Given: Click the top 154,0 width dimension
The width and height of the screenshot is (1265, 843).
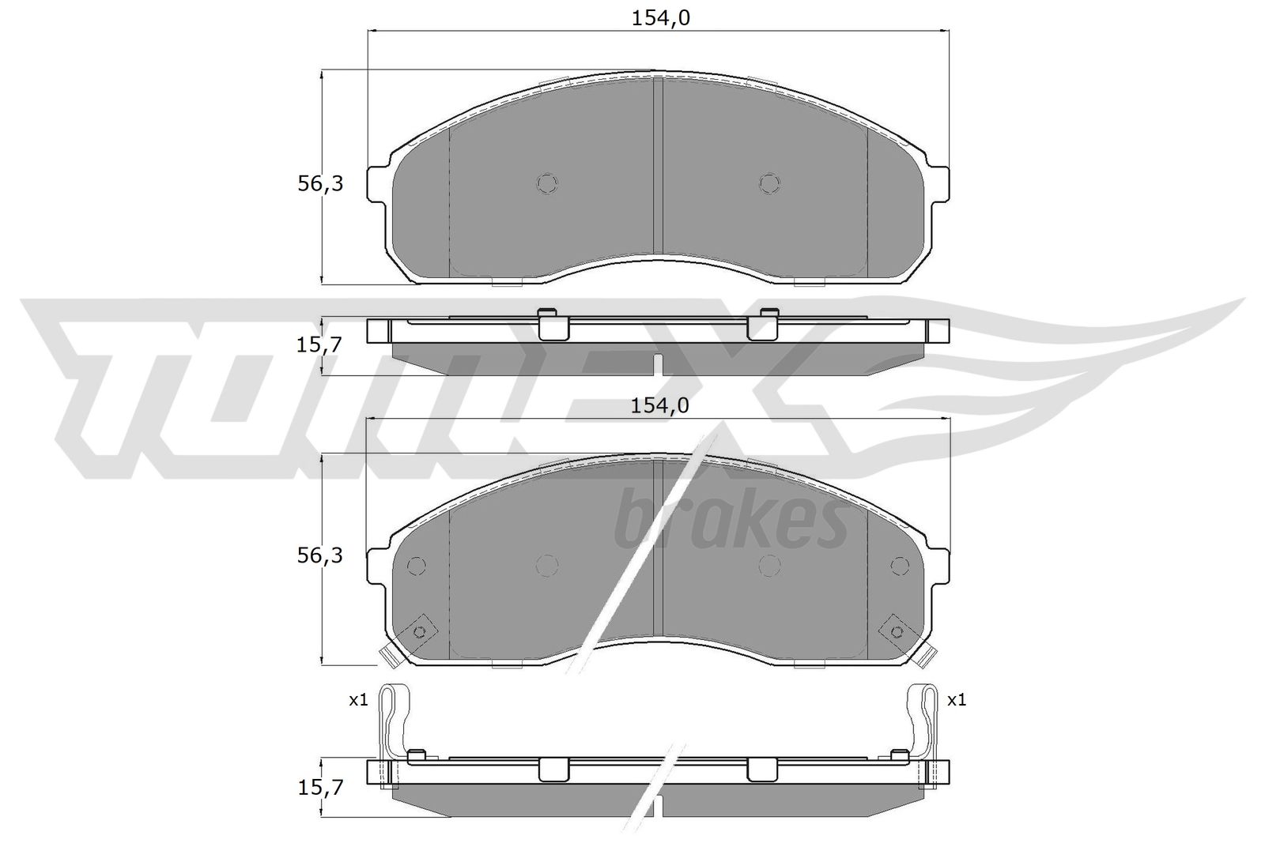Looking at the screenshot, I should (661, 18).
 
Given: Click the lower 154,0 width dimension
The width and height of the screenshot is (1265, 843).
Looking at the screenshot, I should (661, 405).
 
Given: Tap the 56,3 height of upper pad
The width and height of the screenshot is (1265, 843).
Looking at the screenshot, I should (319, 184).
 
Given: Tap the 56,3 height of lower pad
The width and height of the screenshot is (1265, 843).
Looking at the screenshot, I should (319, 555).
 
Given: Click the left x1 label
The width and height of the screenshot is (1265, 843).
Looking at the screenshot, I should (358, 699).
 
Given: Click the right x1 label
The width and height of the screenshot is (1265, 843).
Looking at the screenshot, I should (957, 699).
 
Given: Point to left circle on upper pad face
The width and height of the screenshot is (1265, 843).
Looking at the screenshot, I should (547, 183).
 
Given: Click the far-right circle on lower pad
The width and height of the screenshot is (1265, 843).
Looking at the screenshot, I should (900, 565).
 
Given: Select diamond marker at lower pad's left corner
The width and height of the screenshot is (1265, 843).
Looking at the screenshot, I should (419, 630).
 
